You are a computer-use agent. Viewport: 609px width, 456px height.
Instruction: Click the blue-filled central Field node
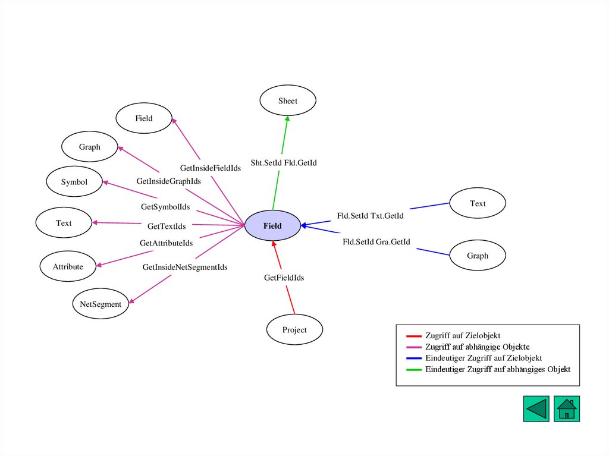(272, 226)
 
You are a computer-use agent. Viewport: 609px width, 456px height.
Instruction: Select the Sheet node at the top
(288, 101)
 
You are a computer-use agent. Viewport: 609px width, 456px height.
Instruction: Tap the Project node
(294, 330)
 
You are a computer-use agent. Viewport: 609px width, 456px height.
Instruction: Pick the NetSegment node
(101, 304)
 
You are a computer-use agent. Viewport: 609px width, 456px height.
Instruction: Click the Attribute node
(68, 267)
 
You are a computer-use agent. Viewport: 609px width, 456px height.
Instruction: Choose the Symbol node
(74, 182)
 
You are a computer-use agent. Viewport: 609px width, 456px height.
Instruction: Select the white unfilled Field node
(144, 118)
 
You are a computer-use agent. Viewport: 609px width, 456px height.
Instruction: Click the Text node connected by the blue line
(478, 203)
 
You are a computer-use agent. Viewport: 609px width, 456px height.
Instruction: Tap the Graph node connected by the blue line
(478, 256)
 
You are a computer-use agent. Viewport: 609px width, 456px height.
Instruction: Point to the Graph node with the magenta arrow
(90, 147)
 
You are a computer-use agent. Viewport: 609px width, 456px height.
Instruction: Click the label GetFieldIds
(284, 278)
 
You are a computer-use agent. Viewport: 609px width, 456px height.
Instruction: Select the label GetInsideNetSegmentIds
(185, 268)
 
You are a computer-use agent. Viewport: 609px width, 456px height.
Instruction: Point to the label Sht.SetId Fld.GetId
(284, 163)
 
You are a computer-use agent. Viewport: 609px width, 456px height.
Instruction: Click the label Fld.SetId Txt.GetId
(370, 216)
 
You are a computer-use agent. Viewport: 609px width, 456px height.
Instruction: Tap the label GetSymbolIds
(165, 207)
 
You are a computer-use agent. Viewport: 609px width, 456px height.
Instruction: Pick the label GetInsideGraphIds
(168, 181)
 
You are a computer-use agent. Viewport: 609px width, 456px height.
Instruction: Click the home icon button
(567, 409)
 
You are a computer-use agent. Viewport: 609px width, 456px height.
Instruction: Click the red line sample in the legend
(414, 336)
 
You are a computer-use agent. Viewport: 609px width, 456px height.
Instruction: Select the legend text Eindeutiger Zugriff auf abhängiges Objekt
(498, 369)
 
